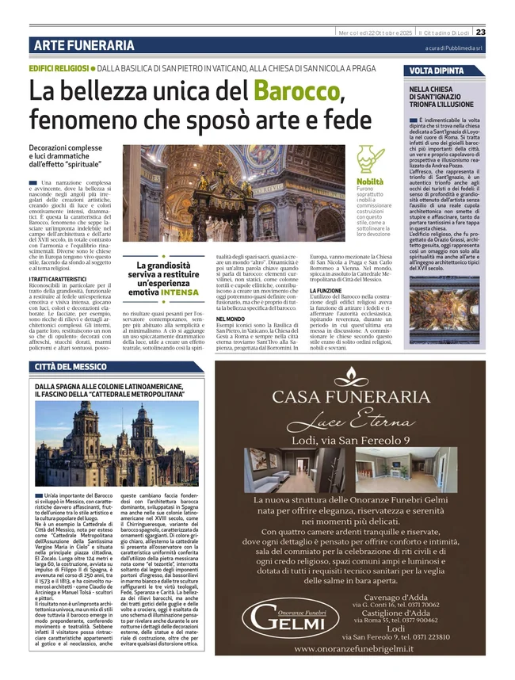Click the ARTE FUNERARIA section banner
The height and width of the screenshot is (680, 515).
pyautogui.click(x=84, y=46)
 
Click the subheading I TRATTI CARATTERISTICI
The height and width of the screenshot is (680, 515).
pyautogui.click(x=58, y=280)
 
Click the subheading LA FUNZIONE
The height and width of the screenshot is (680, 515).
pyautogui.click(x=326, y=291)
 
